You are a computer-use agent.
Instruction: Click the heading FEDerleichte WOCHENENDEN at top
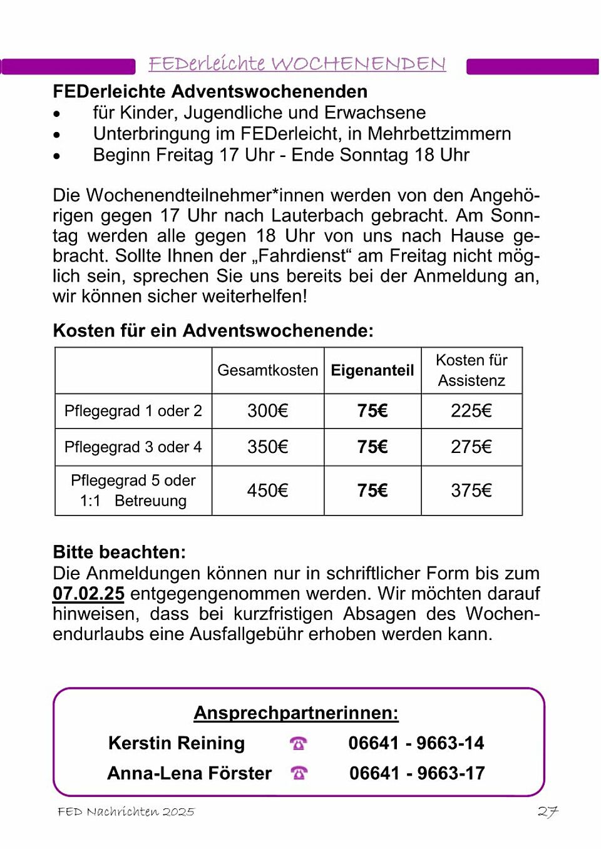[297, 64]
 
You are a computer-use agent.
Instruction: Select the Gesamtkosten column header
[267, 370]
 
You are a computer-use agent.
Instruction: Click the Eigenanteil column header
[372, 370]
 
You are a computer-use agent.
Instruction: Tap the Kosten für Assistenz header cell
[471, 370]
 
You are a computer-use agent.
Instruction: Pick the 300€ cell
[267, 411]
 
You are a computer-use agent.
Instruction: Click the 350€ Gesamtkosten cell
[267, 447]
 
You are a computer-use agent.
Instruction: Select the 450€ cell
[267, 491]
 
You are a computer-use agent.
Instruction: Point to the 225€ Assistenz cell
[471, 411]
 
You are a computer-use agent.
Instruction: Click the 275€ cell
[471, 447]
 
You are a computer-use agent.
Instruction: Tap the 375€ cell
[471, 491]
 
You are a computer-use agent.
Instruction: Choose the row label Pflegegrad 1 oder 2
[133, 411]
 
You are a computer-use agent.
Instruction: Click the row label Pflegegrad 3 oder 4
[133, 447]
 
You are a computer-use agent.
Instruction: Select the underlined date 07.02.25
[88, 594]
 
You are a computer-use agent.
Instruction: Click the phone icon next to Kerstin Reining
[299, 743]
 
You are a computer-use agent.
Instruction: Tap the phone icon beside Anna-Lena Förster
[299, 773]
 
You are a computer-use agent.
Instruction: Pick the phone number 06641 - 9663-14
[416, 743]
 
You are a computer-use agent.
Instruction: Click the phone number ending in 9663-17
[417, 773]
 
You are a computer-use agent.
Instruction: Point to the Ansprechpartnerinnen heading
[296, 713]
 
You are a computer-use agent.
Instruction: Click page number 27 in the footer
[547, 811]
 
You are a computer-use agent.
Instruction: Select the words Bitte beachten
[119, 552]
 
